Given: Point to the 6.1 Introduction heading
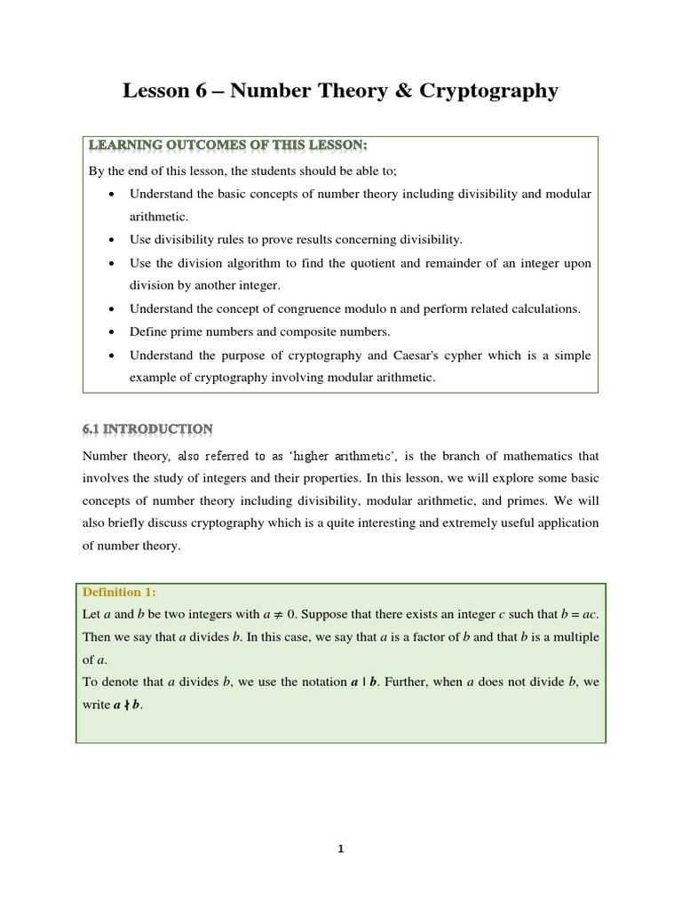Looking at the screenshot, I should [x=147, y=429].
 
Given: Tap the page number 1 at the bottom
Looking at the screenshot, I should [x=340, y=849].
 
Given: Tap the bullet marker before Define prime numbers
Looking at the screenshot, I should [x=109, y=332].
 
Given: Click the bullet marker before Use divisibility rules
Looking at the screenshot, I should [x=109, y=240].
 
